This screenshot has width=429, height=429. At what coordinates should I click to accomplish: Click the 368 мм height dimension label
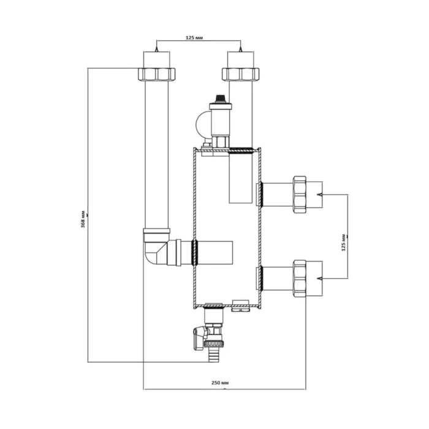coord(83,219)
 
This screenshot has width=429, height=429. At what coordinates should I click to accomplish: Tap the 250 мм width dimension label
coord(220,382)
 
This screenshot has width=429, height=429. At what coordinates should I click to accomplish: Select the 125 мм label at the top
coord(194,37)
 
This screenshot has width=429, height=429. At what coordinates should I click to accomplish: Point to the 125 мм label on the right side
coord(344,243)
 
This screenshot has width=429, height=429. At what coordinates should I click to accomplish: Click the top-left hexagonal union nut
coord(156,74)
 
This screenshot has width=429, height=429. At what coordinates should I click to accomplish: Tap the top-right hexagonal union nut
coord(240,74)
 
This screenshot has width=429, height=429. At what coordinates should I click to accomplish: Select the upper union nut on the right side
coord(300,194)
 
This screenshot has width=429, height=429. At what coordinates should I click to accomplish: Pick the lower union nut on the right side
coord(300,278)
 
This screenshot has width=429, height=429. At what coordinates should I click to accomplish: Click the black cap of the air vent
coord(220,99)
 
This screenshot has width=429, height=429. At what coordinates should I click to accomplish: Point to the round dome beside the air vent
coord(202,125)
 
